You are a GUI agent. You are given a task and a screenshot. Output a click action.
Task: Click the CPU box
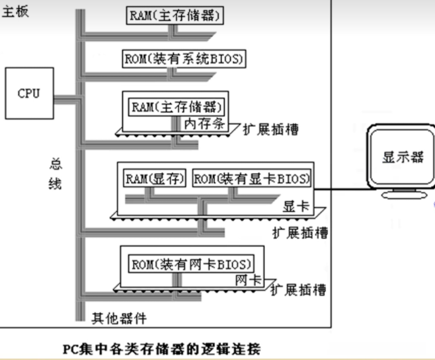(28, 94)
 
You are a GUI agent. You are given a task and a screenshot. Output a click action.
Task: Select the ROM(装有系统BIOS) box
(184, 59)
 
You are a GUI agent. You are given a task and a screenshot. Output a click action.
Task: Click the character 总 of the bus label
(55, 163)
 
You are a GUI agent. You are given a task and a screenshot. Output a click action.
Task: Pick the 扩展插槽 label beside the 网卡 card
(299, 290)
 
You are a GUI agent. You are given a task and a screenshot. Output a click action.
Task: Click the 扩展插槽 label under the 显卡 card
(301, 233)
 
